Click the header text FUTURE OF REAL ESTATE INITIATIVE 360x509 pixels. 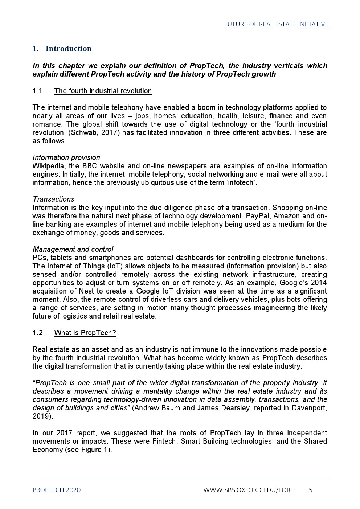pos(276,24)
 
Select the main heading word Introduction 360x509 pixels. pos(68,49)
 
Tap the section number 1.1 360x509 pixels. pos(38,91)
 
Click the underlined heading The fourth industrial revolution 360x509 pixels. pos(103,91)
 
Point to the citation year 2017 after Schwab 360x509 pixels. pos(109,132)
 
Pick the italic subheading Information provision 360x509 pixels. pos(66,157)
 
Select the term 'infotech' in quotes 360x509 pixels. pos(241,182)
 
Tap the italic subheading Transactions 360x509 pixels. pos(53,199)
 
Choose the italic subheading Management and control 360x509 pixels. pos(73,249)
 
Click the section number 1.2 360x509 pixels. pos(38,333)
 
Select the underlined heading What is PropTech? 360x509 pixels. pos(85,333)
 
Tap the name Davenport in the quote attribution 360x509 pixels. pos(310,408)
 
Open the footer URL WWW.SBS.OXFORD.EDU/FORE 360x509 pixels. pos(249,490)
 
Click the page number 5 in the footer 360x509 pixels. pos(310,490)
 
